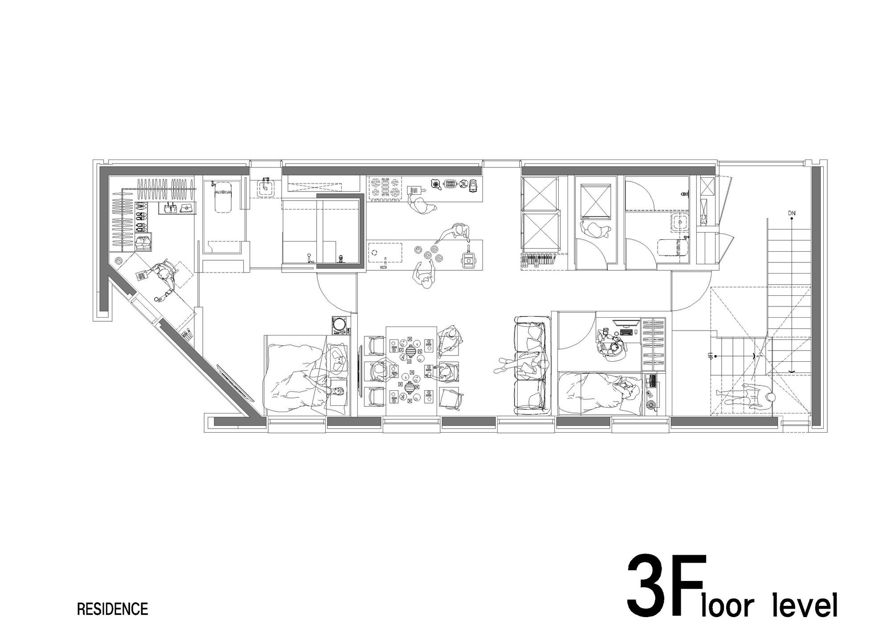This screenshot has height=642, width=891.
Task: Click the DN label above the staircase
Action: point(791,213)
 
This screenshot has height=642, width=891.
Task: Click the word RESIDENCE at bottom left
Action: point(112,609)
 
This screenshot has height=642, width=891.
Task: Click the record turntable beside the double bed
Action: point(340,324)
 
